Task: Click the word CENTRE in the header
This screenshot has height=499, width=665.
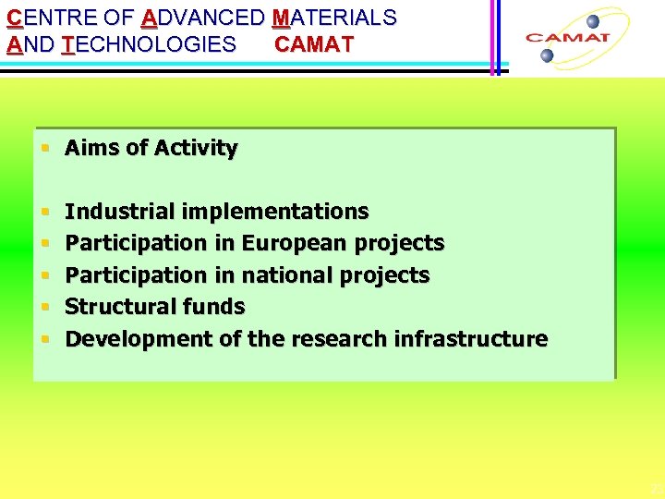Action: (41, 18)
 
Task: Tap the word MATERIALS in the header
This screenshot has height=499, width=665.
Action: (334, 18)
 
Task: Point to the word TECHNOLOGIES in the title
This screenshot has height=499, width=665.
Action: (149, 44)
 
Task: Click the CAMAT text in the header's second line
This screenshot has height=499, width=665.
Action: (314, 44)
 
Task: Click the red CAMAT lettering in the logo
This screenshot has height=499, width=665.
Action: (567, 38)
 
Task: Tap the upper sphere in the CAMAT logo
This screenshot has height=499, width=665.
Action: (592, 20)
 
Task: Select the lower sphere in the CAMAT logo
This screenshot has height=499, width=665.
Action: (547, 55)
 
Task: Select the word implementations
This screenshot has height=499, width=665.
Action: (274, 212)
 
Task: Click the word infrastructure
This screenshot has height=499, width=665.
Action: (471, 339)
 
